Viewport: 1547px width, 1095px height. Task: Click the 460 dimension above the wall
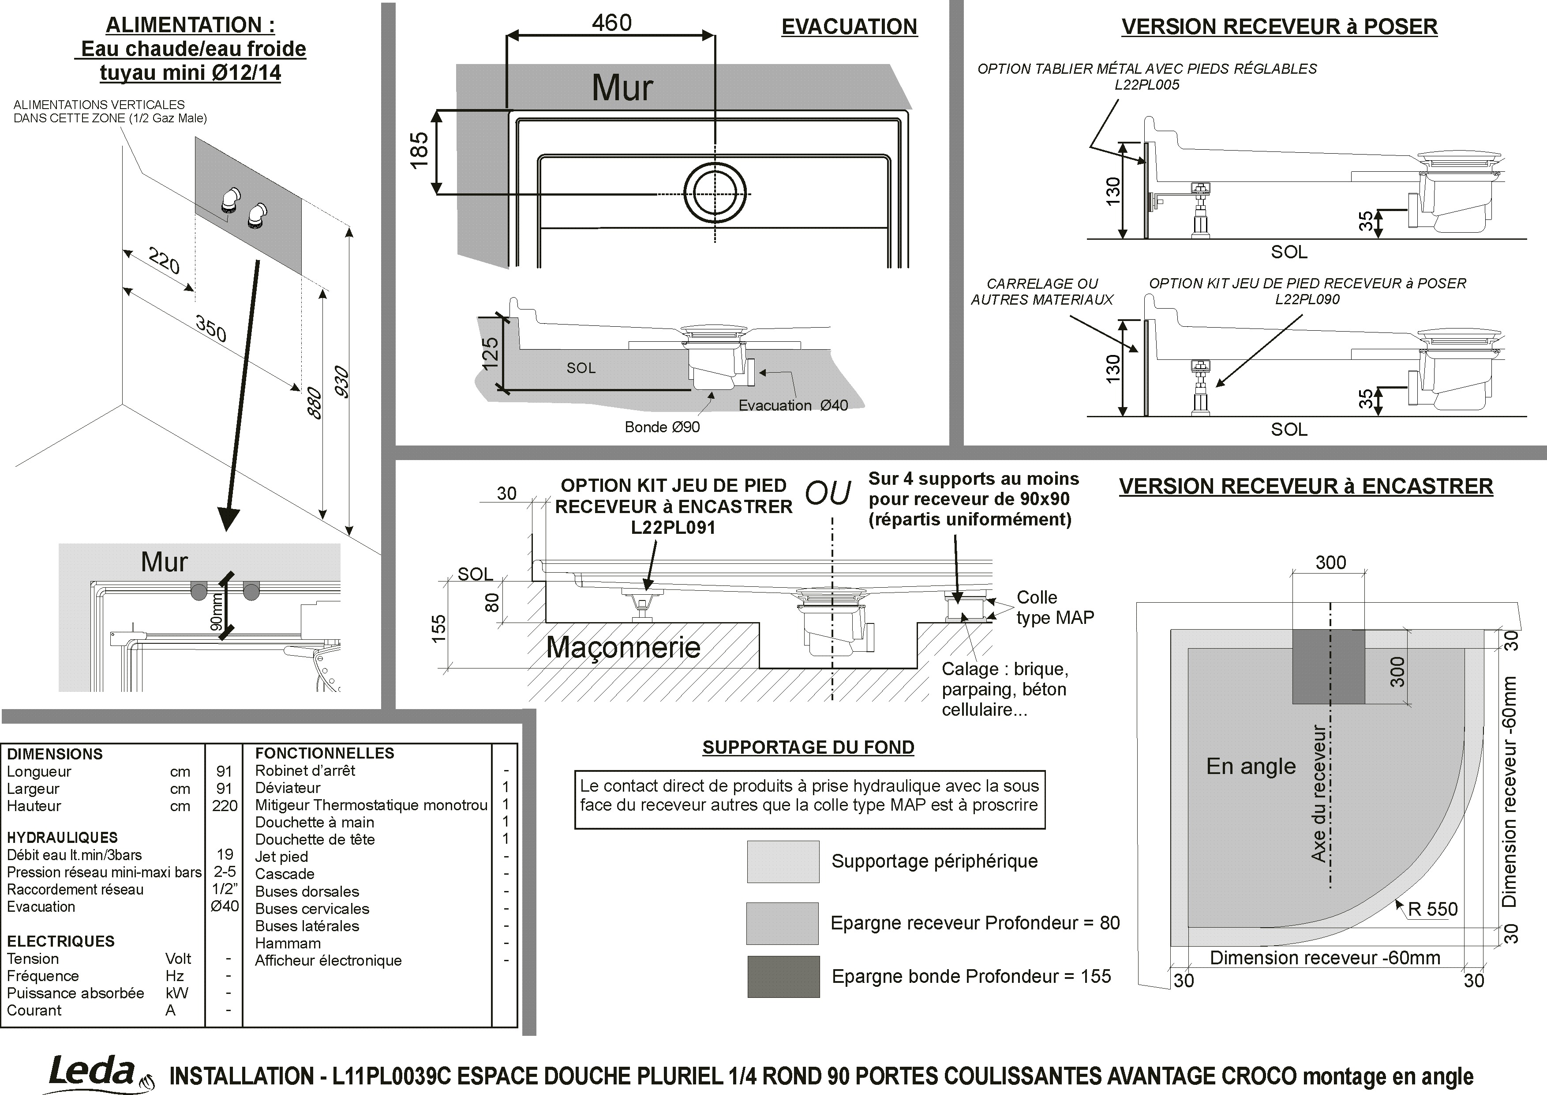click(x=612, y=23)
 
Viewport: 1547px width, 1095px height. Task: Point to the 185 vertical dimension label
click(x=419, y=151)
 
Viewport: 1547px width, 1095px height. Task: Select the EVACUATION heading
click(x=849, y=27)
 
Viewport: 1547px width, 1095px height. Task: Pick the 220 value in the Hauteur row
click(x=225, y=806)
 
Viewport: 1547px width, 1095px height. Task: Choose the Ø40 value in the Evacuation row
click(x=225, y=906)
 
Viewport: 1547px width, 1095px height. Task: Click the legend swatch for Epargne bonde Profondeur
click(x=783, y=976)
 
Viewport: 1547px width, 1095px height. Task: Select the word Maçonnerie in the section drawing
click(x=623, y=647)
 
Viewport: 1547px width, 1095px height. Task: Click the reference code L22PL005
click(x=1147, y=85)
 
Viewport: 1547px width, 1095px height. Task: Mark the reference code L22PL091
click(x=673, y=527)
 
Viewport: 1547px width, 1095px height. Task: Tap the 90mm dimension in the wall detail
click(x=216, y=612)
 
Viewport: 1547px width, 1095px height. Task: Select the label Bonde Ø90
click(x=662, y=427)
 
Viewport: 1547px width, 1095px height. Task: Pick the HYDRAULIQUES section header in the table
click(x=62, y=838)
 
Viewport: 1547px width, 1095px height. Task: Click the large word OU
click(x=828, y=494)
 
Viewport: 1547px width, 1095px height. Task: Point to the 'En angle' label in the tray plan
click(x=1251, y=766)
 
